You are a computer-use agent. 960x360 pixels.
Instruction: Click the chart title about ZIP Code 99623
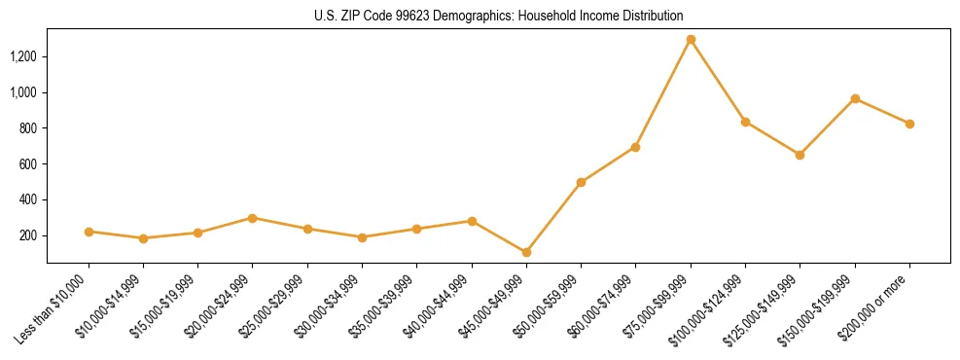tap(498, 16)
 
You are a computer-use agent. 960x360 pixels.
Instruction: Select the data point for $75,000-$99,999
tap(691, 40)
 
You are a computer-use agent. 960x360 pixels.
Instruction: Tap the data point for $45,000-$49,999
tap(526, 252)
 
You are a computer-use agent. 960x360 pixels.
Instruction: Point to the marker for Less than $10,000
tap(89, 232)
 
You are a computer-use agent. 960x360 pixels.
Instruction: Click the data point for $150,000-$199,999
tap(855, 98)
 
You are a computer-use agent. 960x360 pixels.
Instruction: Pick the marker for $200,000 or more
tap(909, 124)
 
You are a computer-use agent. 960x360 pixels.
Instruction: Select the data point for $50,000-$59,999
tap(581, 182)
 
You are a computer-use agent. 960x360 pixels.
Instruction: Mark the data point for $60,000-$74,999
tap(635, 147)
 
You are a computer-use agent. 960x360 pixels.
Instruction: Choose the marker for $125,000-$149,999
tap(800, 155)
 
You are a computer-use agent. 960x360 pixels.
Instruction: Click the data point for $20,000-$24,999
tap(253, 218)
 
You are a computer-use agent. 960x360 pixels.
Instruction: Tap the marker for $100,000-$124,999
tap(745, 122)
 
